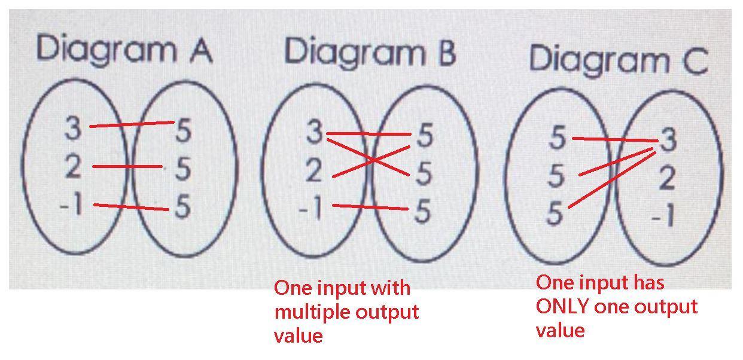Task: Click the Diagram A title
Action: point(124,50)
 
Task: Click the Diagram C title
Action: point(618,60)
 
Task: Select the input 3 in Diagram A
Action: point(73,129)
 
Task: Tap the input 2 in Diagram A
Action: point(73,167)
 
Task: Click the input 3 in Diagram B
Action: point(315,133)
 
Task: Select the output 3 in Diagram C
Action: point(668,141)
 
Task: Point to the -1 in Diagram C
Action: point(664,216)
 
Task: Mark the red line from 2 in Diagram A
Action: point(127,166)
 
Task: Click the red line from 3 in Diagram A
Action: point(132,124)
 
